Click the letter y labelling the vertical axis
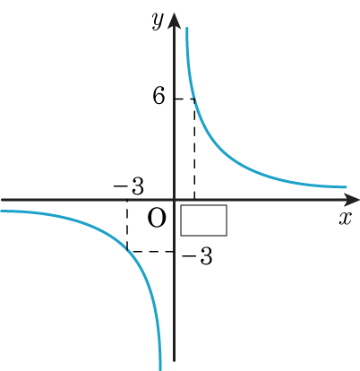[158, 21]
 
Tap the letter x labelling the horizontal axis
[346, 219]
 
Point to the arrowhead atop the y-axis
[175, 21]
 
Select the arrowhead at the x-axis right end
[351, 199]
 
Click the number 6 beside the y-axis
[159, 97]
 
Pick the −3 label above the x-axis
[129, 186]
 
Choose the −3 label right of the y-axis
[197, 256]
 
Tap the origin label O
[157, 218]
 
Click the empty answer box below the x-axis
[203, 220]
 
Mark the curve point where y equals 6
[194, 99]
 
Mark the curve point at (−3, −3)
[127, 251]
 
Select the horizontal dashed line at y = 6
[184, 99]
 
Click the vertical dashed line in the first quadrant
[194, 149]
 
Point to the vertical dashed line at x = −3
[127, 225]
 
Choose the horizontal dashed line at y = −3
[150, 251]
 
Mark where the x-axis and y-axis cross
[175, 199]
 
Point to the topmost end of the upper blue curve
[186, 28]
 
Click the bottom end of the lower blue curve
[160, 370]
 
